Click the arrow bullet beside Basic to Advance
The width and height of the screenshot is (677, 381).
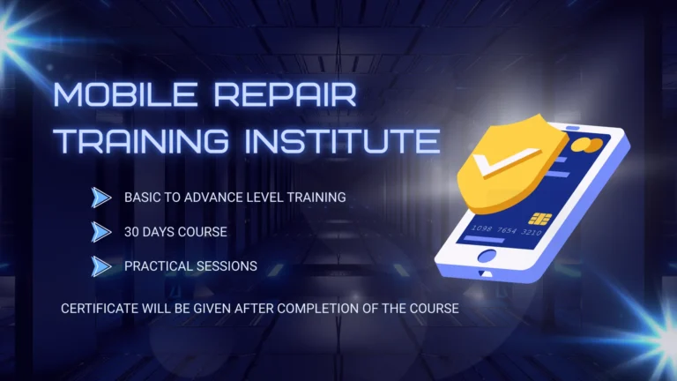(101, 198)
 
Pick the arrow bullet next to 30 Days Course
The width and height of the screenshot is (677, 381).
(101, 231)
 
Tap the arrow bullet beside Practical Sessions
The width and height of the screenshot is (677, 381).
(101, 265)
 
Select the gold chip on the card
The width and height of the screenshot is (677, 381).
(537, 218)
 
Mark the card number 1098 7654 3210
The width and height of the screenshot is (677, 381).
(507, 230)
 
